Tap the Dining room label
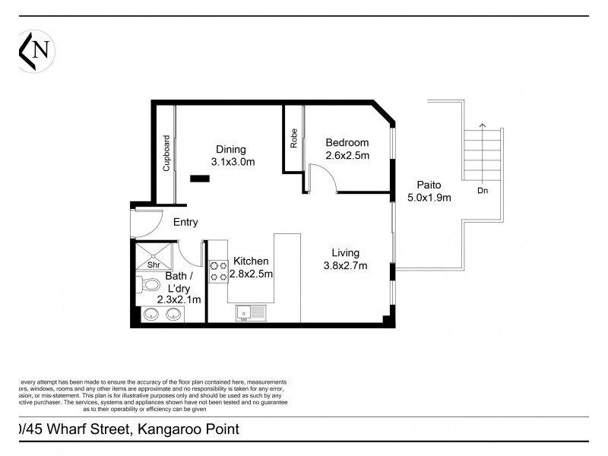pos(230,149)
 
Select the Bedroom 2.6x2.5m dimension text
pos(347,156)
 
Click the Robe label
pos(293,138)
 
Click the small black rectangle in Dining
pos(200,179)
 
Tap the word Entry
pos(185,223)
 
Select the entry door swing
pos(145,223)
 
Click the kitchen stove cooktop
pos(219,271)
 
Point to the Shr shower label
pos(153,265)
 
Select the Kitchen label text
pos(251,261)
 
